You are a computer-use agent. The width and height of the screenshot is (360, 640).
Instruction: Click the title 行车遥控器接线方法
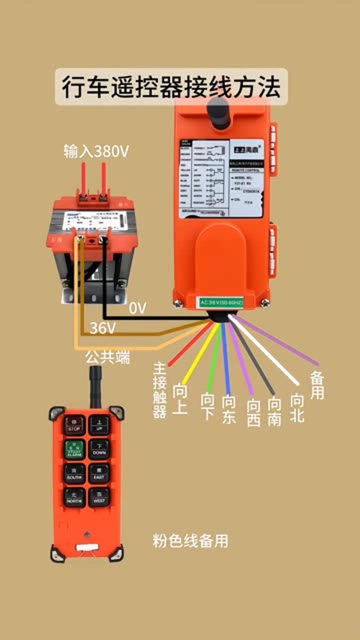(x=171, y=87)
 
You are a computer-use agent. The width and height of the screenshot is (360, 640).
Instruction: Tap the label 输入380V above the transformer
(x=96, y=150)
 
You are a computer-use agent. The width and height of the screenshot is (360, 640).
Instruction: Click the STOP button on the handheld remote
(x=74, y=425)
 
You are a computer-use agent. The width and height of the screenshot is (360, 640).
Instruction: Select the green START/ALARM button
(x=74, y=449)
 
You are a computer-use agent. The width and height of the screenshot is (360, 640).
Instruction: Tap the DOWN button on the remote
(x=99, y=449)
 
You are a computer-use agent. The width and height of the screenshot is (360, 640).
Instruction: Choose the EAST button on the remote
(x=99, y=473)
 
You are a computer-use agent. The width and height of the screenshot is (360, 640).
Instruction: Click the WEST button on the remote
(x=99, y=497)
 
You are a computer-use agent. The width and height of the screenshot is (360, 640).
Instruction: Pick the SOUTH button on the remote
(x=74, y=473)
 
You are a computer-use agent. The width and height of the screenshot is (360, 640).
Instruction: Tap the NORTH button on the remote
(x=74, y=497)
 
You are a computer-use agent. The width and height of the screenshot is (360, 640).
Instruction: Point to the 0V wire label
(x=137, y=309)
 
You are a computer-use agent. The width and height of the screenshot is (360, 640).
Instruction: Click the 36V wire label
(x=102, y=328)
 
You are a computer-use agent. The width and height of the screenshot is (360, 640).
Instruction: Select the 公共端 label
(x=107, y=357)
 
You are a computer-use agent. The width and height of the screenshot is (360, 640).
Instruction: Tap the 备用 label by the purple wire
(x=317, y=385)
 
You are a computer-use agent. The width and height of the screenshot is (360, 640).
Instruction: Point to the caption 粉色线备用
(x=190, y=540)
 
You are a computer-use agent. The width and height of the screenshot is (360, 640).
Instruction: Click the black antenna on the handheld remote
(x=95, y=386)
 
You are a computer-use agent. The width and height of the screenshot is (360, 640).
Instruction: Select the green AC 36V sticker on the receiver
(x=221, y=302)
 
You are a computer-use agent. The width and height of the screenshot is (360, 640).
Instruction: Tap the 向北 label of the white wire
(x=297, y=407)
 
